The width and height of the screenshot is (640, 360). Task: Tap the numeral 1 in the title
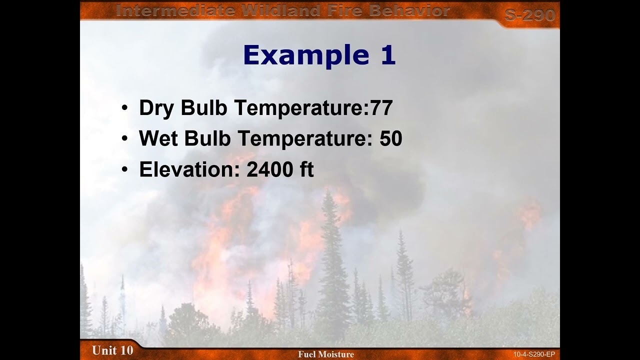(x=388, y=55)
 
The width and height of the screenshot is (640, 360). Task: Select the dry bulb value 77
(x=381, y=108)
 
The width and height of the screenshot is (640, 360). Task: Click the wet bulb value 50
(x=391, y=139)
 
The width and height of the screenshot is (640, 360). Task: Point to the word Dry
(x=156, y=108)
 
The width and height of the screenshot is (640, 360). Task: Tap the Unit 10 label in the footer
(x=112, y=350)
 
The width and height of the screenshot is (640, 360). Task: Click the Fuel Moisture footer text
(x=326, y=354)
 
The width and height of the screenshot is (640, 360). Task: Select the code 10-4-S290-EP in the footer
(x=533, y=354)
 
